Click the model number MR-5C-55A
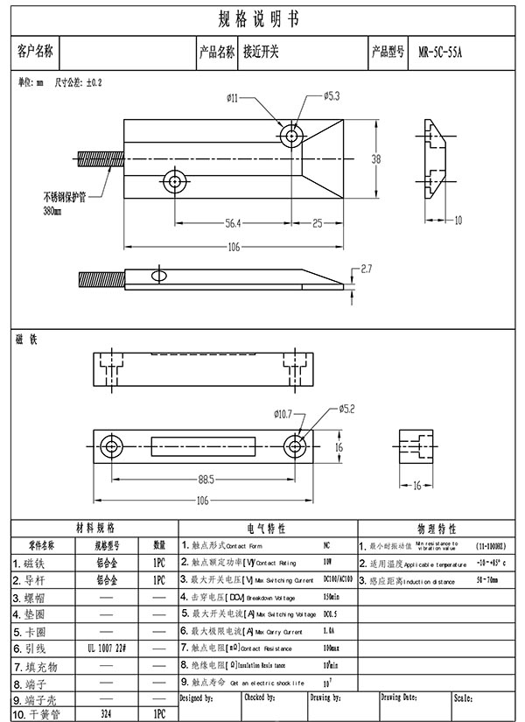coord(440,52)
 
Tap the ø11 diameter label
coord(232,98)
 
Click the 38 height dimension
coord(376,159)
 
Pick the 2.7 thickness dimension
coord(367,268)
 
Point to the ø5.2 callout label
coord(346,408)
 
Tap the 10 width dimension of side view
coord(458,220)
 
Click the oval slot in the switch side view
coord(159,277)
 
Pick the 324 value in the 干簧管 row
coord(108,714)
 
